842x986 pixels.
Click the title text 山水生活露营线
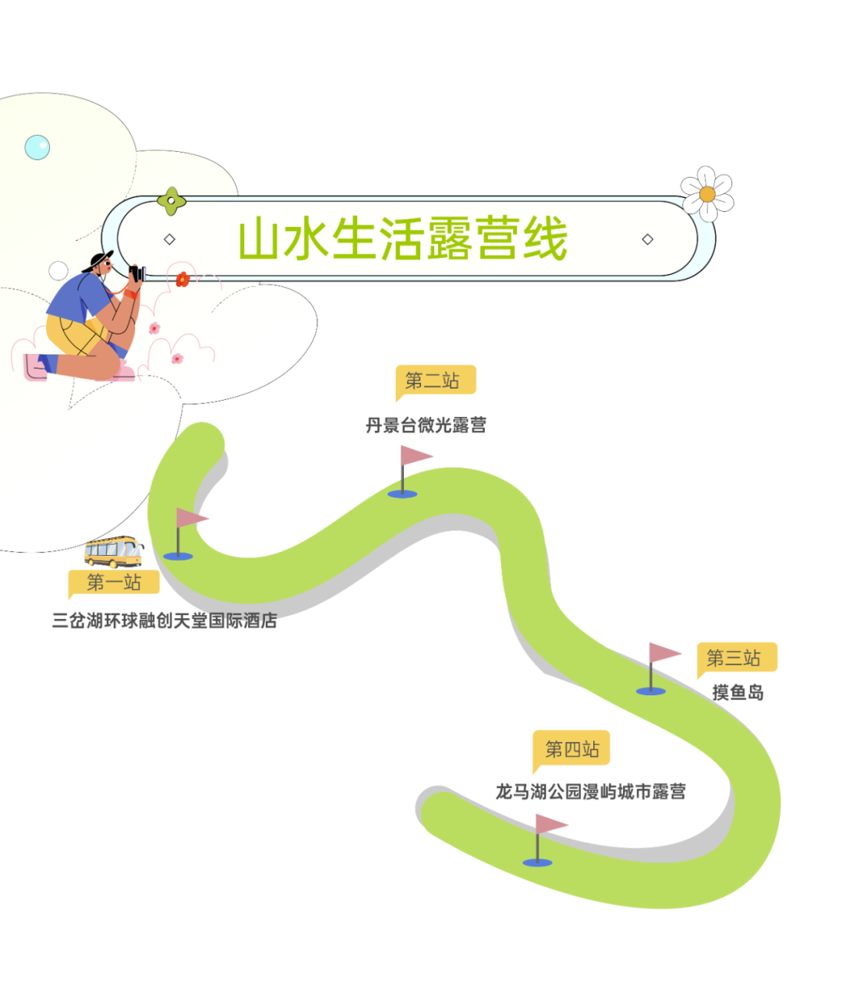(402, 239)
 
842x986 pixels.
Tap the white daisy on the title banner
(707, 194)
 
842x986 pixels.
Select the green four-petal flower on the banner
(172, 201)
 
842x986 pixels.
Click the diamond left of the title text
(169, 239)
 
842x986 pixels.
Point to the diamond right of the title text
(647, 239)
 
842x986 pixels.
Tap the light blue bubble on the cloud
(37, 147)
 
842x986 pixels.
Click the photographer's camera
(137, 274)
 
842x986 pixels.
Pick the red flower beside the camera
(182, 279)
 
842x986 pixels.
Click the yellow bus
(114, 551)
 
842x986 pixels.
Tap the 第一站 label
(114, 582)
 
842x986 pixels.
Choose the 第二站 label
(433, 380)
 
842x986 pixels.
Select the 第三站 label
(734, 658)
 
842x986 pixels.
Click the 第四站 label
(571, 749)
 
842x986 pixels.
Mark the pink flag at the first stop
(190, 518)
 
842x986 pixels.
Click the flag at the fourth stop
(550, 824)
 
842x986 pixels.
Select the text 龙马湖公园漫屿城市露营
(591, 793)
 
